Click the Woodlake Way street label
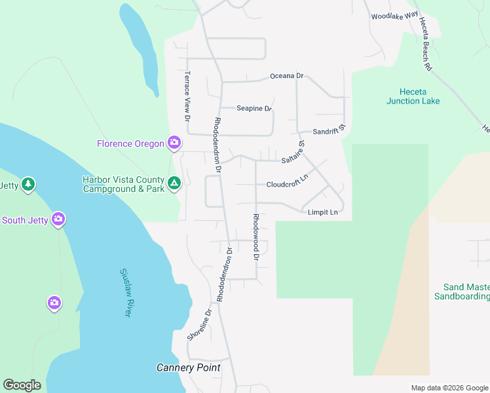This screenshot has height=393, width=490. pyautogui.click(x=394, y=16)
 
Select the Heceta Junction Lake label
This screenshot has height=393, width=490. pyautogui.click(x=413, y=96)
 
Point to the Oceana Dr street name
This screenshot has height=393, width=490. pyautogui.click(x=287, y=76)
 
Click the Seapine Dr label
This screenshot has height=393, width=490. pyautogui.click(x=254, y=108)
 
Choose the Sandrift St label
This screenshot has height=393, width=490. pyautogui.click(x=328, y=131)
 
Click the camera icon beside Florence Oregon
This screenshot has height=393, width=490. pyautogui.click(x=174, y=142)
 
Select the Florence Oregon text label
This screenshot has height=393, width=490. pyautogui.click(x=130, y=143)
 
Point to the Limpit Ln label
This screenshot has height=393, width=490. pyautogui.click(x=323, y=212)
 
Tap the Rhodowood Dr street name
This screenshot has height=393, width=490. pyautogui.click(x=257, y=236)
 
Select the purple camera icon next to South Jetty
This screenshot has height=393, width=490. pyautogui.click(x=59, y=219)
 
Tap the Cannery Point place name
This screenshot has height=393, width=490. pyautogui.click(x=188, y=367)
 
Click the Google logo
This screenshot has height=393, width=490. pyautogui.click(x=22, y=385)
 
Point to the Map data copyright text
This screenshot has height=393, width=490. pyautogui.click(x=449, y=388)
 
